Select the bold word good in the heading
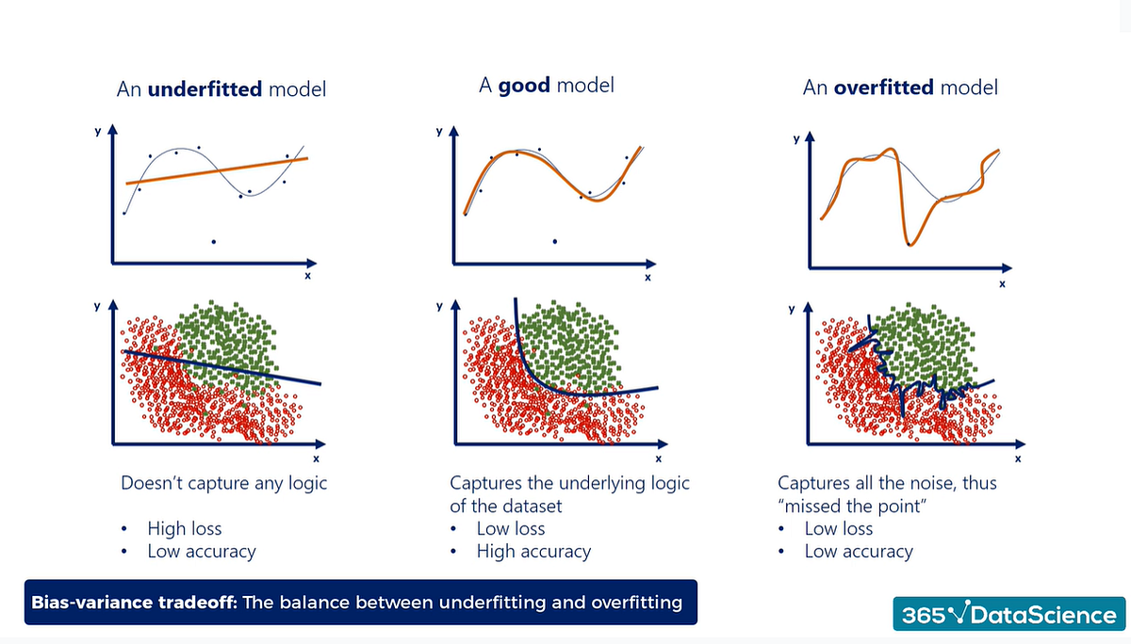coord(524,86)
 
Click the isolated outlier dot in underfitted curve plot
coord(214,242)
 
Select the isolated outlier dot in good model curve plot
coord(554,242)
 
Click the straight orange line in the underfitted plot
coord(217,171)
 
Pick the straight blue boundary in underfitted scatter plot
coord(226,366)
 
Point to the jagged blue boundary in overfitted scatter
coord(905,381)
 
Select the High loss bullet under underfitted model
coord(184,528)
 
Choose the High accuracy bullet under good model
coord(533,552)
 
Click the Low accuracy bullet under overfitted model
coord(859,552)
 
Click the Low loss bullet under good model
coord(511,528)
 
